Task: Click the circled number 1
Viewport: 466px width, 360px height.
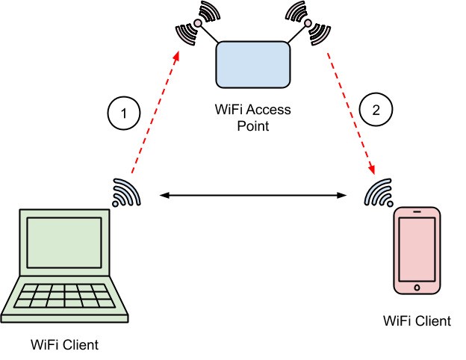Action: coord(124,114)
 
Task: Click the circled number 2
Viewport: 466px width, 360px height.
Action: coord(375,109)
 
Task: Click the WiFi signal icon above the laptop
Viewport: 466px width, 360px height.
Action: coord(125,193)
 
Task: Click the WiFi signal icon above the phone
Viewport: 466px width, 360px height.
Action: coord(380,193)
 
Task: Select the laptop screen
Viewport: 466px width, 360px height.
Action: coord(64,244)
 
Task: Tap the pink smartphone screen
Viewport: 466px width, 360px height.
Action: coord(417,251)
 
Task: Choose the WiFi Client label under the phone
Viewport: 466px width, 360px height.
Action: coord(417,321)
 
